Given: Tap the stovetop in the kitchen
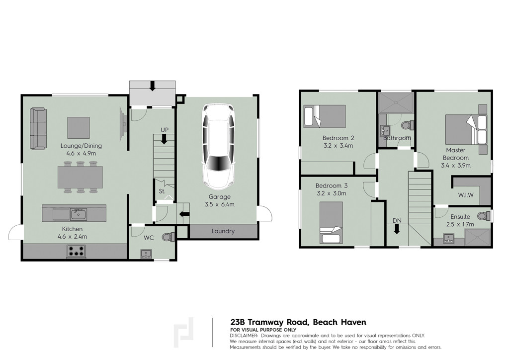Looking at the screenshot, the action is (x=77, y=251).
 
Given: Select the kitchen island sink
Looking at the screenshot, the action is (x=78, y=214).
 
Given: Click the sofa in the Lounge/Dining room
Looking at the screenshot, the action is (x=38, y=129).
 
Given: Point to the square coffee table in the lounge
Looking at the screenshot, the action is (x=79, y=128).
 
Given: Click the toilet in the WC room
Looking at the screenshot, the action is (x=169, y=237).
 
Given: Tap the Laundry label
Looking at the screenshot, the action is (x=223, y=231).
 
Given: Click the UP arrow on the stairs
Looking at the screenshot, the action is (x=164, y=139).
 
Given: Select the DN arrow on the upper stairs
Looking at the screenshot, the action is (x=397, y=229).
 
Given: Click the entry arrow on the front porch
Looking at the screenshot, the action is (x=152, y=86).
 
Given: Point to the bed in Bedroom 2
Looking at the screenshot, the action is (x=325, y=116).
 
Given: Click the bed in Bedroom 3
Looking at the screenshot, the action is (x=331, y=222).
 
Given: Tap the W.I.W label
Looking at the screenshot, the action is (x=466, y=195).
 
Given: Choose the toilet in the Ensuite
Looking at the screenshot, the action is (x=484, y=215).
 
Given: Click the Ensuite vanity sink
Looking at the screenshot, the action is (x=449, y=239).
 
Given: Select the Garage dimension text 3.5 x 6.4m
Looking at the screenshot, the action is (x=219, y=204).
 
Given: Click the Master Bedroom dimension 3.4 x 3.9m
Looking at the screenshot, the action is (x=456, y=165).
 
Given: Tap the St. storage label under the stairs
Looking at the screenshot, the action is (x=162, y=191).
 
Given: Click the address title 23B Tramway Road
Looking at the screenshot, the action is (x=269, y=322).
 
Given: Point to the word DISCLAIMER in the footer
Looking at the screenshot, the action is (x=244, y=336).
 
